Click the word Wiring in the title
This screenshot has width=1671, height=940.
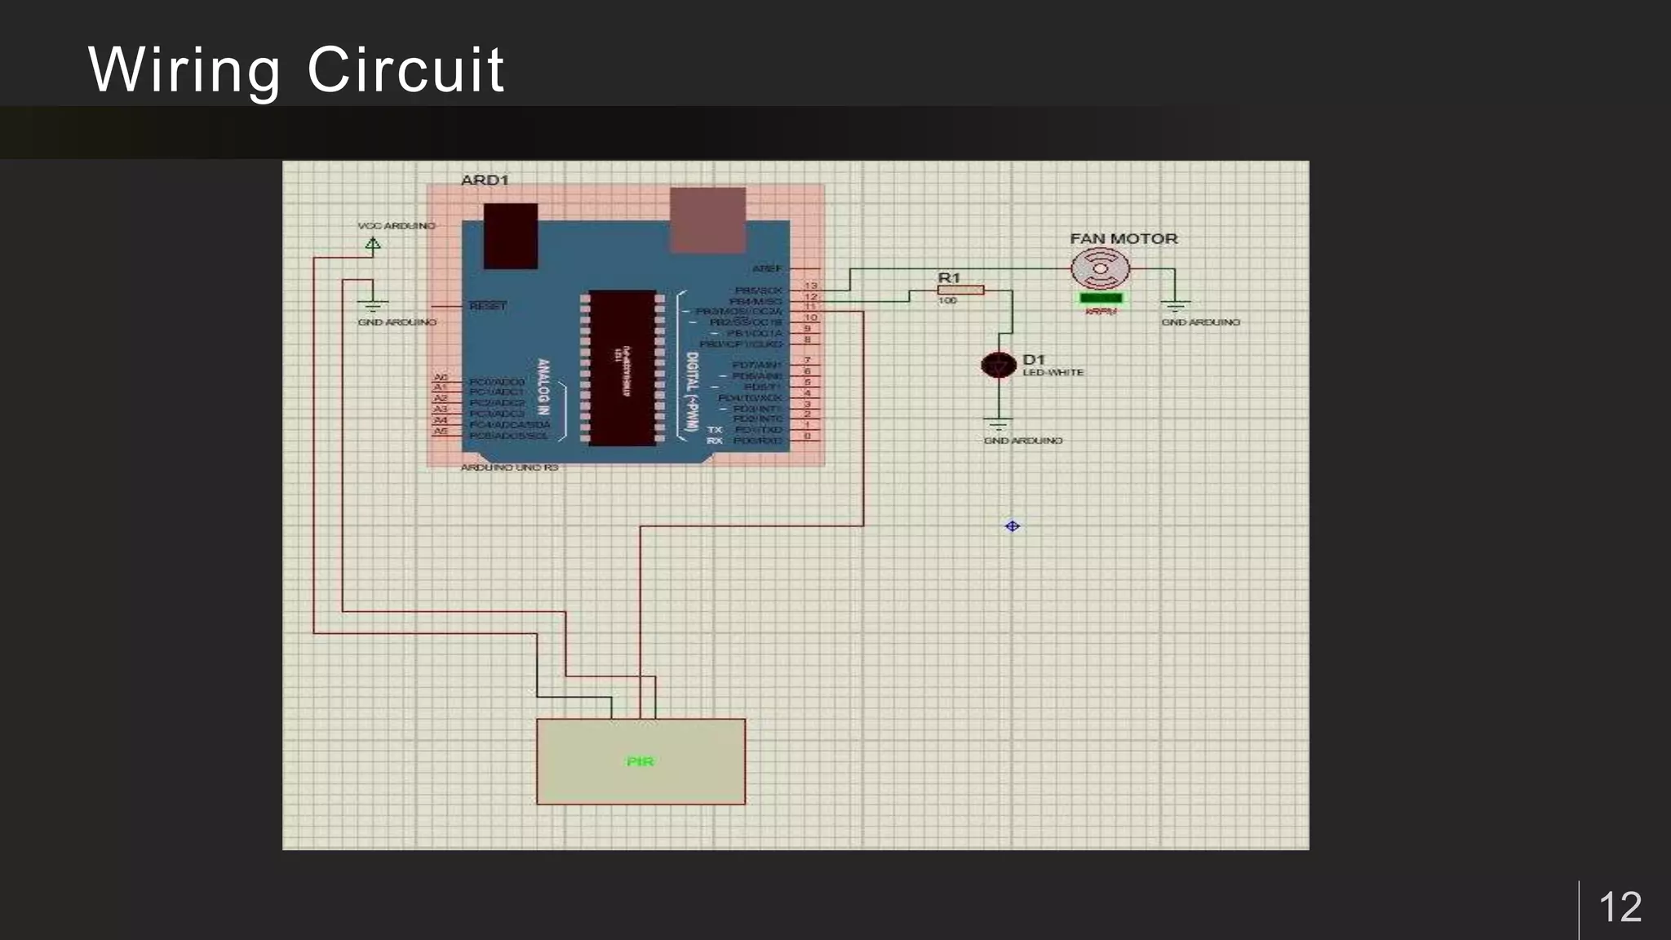click(184, 70)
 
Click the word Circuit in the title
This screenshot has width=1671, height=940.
click(406, 70)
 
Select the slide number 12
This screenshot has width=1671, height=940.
click(1620, 907)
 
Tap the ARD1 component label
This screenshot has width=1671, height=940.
click(485, 180)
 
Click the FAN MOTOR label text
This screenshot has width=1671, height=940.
click(1124, 239)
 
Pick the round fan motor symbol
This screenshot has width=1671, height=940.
click(1101, 268)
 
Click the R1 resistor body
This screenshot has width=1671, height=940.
click(960, 290)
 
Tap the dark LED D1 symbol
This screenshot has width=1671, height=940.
click(998, 365)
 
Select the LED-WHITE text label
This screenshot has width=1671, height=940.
click(1053, 373)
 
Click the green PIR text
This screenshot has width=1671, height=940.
click(640, 761)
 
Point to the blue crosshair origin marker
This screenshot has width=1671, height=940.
click(1012, 526)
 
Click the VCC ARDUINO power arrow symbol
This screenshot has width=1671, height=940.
click(373, 243)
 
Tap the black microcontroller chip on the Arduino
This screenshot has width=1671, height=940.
click(623, 368)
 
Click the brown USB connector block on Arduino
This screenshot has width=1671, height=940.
click(707, 219)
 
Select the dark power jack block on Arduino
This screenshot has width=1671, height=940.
click(511, 236)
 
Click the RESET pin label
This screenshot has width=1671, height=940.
click(487, 306)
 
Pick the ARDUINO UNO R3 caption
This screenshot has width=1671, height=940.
click(509, 468)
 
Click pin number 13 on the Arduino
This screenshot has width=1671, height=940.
click(810, 286)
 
